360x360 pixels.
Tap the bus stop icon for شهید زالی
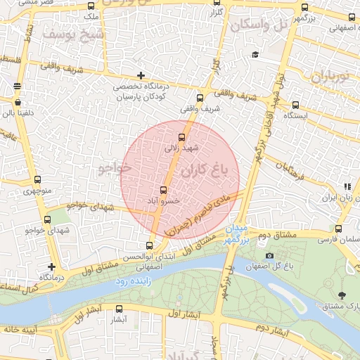tap(182, 137)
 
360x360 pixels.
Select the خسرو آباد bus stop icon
tap(164, 190)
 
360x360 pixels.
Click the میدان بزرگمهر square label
tap(238, 234)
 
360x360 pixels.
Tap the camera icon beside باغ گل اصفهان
tap(269, 256)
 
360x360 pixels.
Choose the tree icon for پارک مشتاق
tap(342, 295)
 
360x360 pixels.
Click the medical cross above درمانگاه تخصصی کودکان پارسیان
tap(141, 75)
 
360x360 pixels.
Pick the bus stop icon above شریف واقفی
tap(200, 98)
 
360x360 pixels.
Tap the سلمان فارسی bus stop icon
tap(338, 229)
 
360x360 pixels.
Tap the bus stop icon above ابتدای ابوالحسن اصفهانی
tap(149, 245)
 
